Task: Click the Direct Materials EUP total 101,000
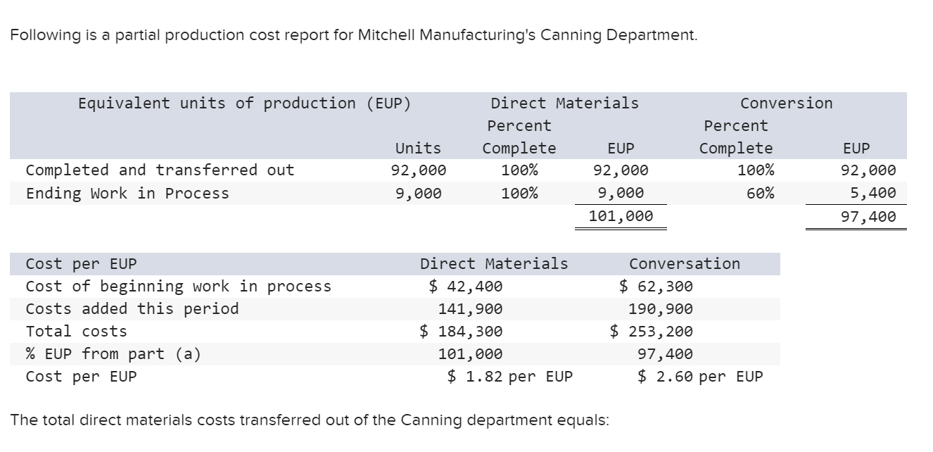(x=621, y=216)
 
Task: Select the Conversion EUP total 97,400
(x=868, y=216)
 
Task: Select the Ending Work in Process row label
(x=127, y=194)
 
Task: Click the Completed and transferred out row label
(x=160, y=170)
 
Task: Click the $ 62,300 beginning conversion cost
(x=656, y=287)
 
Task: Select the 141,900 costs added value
(x=470, y=309)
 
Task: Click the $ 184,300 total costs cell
(x=461, y=332)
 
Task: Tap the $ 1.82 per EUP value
(x=510, y=377)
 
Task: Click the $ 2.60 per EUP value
(x=700, y=377)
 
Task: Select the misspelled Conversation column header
(x=684, y=264)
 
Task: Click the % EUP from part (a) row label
(x=113, y=354)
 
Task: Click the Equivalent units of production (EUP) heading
(x=244, y=103)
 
